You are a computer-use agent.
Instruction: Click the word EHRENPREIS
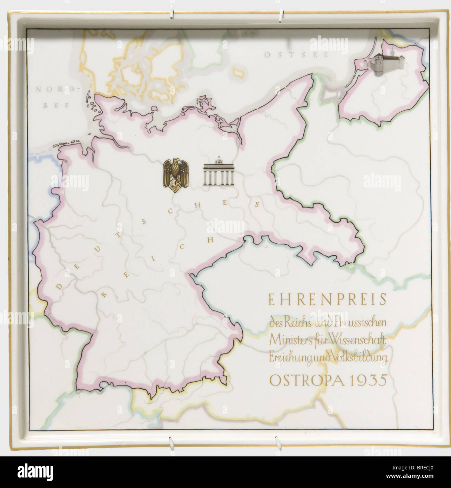pyautogui.click(x=327, y=300)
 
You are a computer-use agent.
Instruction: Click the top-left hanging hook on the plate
pyautogui.click(x=171, y=13)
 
